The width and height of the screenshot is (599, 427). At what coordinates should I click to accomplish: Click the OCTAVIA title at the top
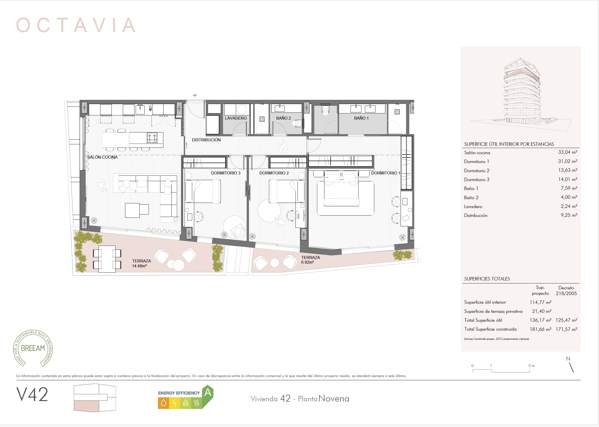click(x=76, y=25)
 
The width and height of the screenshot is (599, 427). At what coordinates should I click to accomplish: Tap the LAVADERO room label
click(x=236, y=118)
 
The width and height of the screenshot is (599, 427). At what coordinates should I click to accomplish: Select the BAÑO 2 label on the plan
click(x=283, y=118)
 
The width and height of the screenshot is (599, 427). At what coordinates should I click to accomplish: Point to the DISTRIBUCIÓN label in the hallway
click(x=206, y=140)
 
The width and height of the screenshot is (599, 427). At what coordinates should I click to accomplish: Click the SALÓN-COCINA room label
click(x=102, y=157)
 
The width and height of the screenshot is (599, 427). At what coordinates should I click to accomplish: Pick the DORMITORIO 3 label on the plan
click(x=226, y=173)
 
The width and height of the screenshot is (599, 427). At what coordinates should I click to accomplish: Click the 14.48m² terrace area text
click(x=139, y=266)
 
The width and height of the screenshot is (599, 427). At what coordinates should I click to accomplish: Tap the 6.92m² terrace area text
click(x=307, y=262)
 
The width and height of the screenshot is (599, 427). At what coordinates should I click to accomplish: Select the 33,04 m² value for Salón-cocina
click(x=567, y=152)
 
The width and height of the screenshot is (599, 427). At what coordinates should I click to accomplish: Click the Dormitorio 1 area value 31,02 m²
click(x=567, y=161)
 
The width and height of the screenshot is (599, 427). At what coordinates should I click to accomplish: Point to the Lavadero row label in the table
click(x=473, y=207)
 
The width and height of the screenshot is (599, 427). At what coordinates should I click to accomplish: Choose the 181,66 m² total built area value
click(x=541, y=329)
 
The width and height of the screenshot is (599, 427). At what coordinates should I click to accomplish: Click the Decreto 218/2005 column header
click(x=566, y=291)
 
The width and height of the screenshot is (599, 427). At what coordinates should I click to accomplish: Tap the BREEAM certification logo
click(x=33, y=348)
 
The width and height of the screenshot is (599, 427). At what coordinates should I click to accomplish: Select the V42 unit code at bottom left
click(x=32, y=394)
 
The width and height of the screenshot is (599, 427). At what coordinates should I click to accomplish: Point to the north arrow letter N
click(x=568, y=359)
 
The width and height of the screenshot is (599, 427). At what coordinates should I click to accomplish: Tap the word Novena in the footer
click(x=334, y=399)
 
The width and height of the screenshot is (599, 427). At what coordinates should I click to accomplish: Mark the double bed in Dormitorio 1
click(x=341, y=189)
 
